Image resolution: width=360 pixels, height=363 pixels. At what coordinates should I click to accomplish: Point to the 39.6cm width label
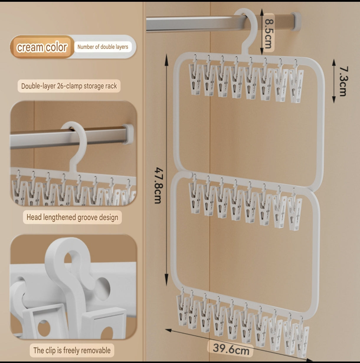coord(231,349)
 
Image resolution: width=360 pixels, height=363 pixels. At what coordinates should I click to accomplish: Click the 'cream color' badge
coord(42,47)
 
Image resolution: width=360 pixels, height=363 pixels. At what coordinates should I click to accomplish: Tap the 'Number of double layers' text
coord(103,47)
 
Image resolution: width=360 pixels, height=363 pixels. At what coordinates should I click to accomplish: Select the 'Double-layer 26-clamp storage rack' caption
coord(69,86)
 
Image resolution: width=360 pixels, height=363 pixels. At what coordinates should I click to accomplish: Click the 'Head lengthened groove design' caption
coord(72,217)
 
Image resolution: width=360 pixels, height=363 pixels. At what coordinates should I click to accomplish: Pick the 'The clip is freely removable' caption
coord(72,350)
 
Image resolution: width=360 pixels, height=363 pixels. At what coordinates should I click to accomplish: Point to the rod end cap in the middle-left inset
coord(129,134)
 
